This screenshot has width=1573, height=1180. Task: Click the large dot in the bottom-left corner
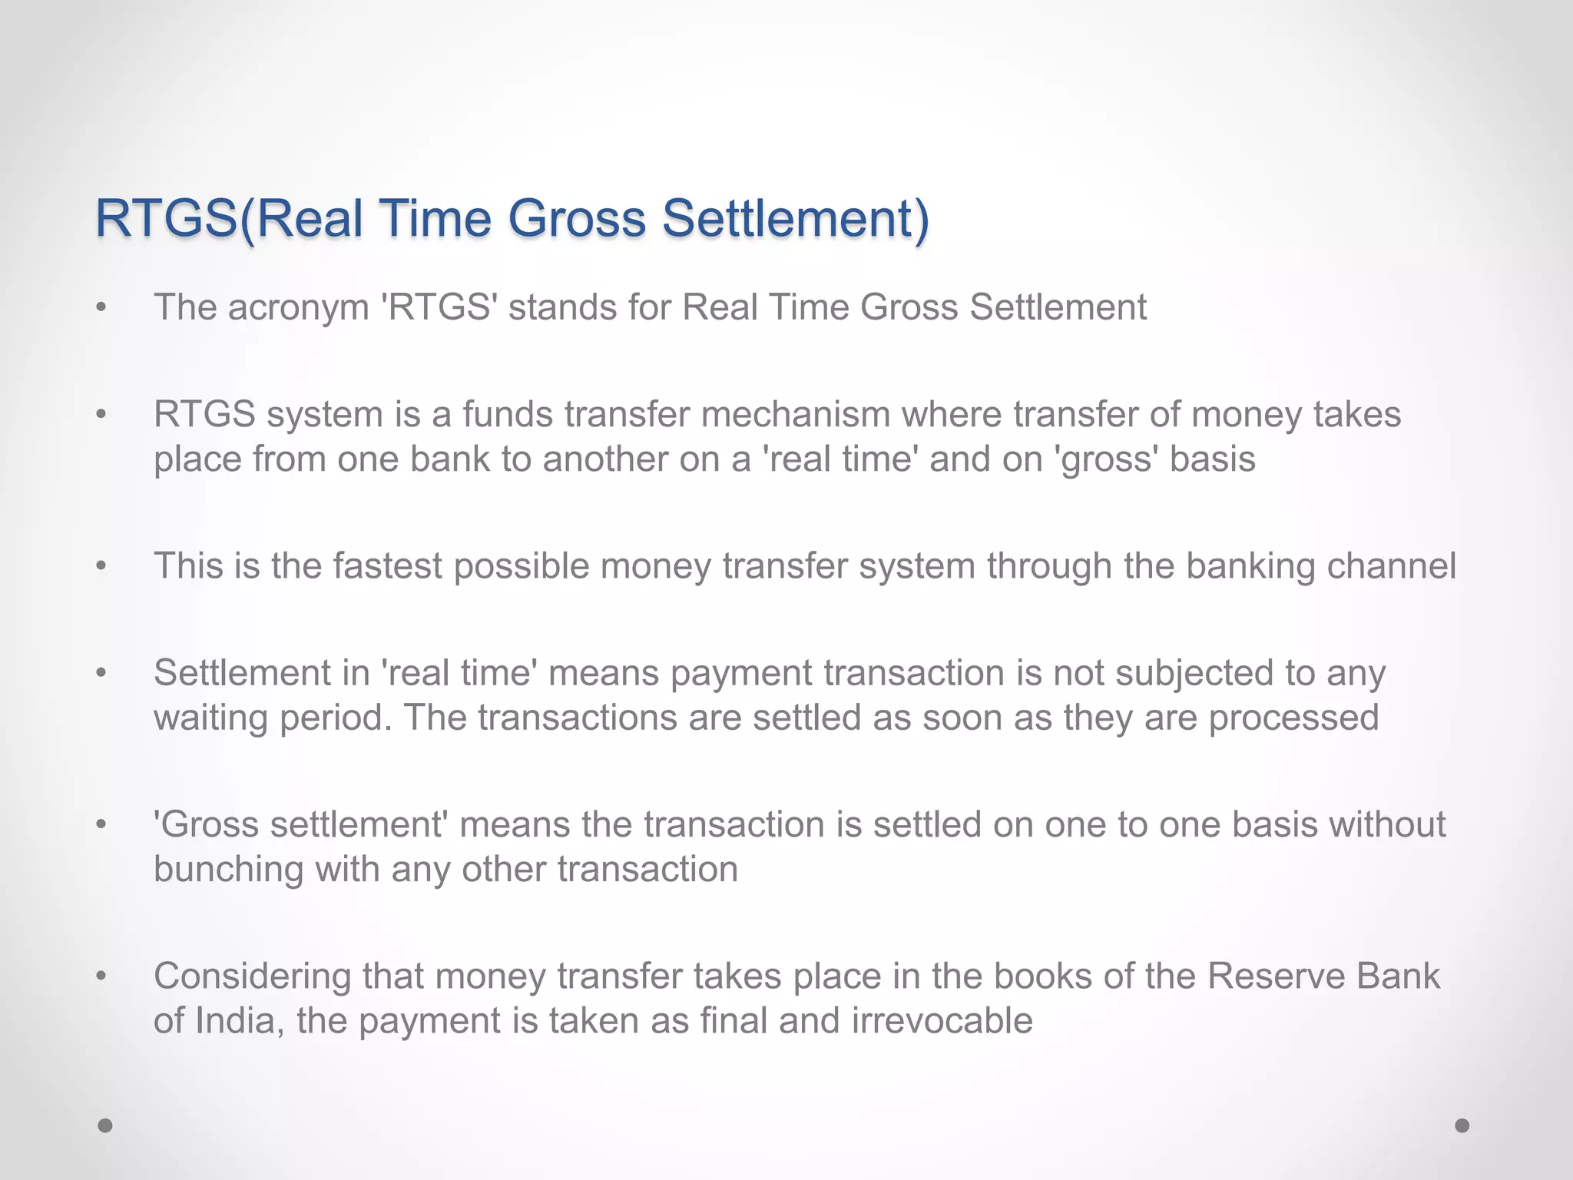click(105, 1125)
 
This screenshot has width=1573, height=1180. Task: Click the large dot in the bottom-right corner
click(1462, 1125)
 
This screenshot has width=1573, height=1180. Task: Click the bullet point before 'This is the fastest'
click(101, 567)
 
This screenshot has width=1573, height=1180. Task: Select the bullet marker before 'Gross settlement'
click(101, 826)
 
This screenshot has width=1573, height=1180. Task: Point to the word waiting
click(210, 718)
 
